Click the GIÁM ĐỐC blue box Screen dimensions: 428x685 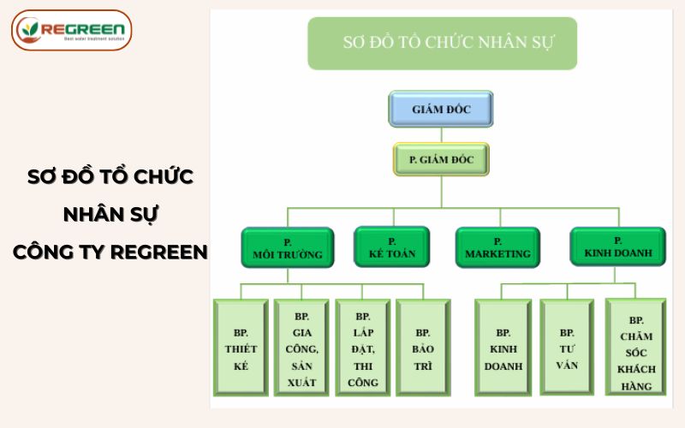[x=441, y=109]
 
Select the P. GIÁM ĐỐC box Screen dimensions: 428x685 [x=441, y=159]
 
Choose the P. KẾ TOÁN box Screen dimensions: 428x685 [x=391, y=247]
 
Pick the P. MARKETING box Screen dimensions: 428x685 [x=497, y=247]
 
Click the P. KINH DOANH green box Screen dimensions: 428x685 [x=617, y=247]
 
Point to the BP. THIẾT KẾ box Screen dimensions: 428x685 [x=241, y=348]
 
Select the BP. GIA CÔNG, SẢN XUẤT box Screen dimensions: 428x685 [x=302, y=348]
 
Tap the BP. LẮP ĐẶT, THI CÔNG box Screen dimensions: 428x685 [x=363, y=348]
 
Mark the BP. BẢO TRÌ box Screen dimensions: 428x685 [x=422, y=348]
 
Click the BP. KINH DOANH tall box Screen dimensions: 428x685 [x=503, y=348]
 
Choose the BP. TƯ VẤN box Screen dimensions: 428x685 [x=567, y=348]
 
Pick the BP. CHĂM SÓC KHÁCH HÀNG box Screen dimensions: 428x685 [x=635, y=348]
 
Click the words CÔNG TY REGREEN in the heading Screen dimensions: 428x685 [x=110, y=253]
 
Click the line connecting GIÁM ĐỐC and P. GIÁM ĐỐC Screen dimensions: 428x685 [x=442, y=134]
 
